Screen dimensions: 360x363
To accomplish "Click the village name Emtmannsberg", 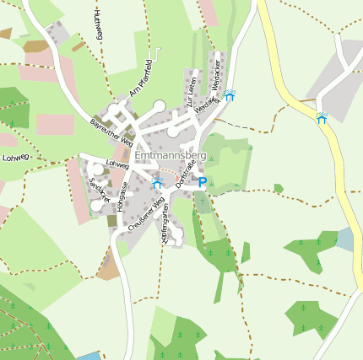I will point(170,155).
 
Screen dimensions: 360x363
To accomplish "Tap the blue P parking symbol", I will point(203,181).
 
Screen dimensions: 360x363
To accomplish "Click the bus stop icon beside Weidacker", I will point(230,95).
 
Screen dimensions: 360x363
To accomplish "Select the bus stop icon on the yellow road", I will point(322,118).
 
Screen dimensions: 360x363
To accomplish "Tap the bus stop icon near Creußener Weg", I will point(156,181).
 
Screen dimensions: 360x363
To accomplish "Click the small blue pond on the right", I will point(345,239).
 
